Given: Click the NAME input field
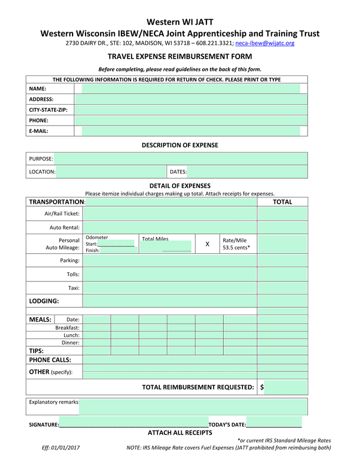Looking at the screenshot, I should point(191,89).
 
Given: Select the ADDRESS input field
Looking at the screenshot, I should point(191,99).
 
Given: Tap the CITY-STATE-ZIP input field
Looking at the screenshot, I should point(191,110).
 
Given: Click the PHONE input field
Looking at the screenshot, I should point(191,120).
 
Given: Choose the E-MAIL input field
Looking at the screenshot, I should point(191,131).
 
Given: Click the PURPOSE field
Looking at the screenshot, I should point(181,159).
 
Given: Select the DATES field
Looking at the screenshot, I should point(247,172).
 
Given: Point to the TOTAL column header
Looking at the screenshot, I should point(282,202).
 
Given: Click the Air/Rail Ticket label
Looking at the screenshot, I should point(62,214).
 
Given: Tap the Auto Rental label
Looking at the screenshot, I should point(65,228).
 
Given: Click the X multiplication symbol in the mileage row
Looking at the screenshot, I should point(207,244).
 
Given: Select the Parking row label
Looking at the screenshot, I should point(70,261).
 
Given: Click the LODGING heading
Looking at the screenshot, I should point(44,301).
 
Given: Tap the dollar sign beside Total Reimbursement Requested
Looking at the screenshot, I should point(262,387).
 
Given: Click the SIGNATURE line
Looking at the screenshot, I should point(133,424).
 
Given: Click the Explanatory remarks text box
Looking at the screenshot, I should point(193,406).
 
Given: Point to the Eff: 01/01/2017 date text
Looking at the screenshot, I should point(61,448).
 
